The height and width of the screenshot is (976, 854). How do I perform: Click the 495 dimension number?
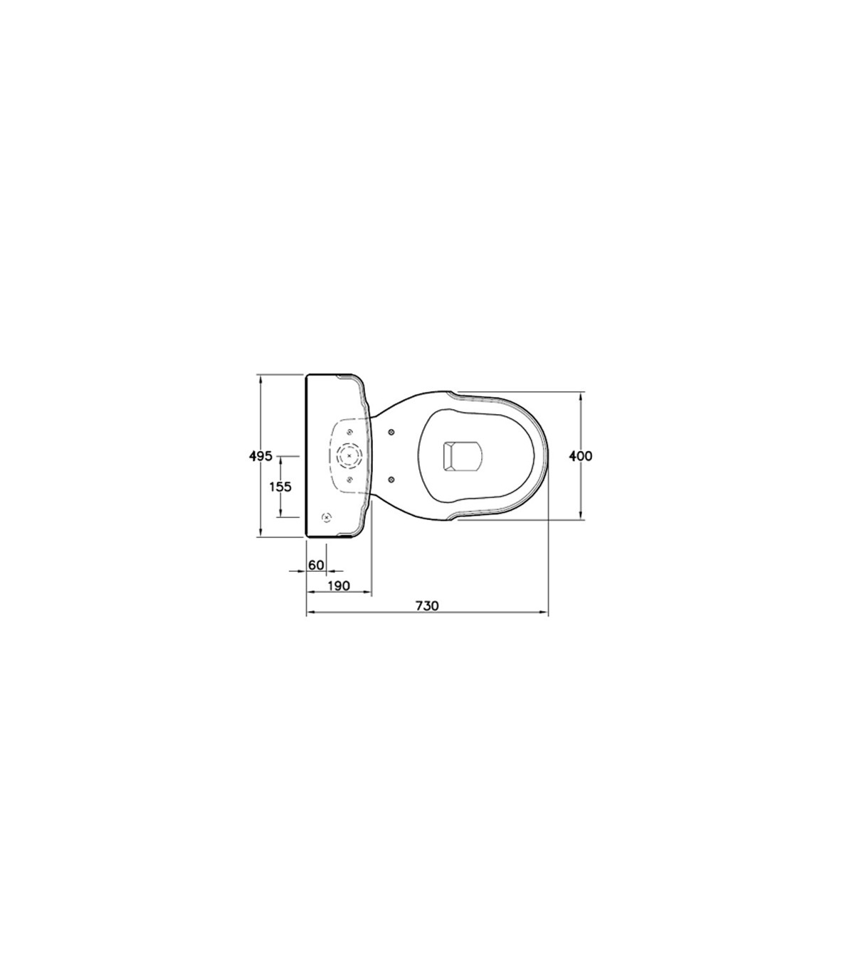(x=260, y=456)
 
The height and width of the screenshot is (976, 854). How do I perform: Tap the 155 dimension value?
(x=280, y=487)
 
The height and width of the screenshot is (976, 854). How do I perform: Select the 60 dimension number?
(x=316, y=565)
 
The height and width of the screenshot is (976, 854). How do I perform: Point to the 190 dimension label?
(x=339, y=585)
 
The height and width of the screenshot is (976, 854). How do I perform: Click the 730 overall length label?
(x=426, y=606)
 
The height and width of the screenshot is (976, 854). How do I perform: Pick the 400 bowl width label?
(x=581, y=456)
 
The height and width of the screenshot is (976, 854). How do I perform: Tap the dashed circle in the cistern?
(x=349, y=456)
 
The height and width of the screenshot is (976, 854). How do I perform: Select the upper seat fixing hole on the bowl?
(x=391, y=433)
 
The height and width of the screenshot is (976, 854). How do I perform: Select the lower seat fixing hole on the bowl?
(x=391, y=479)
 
